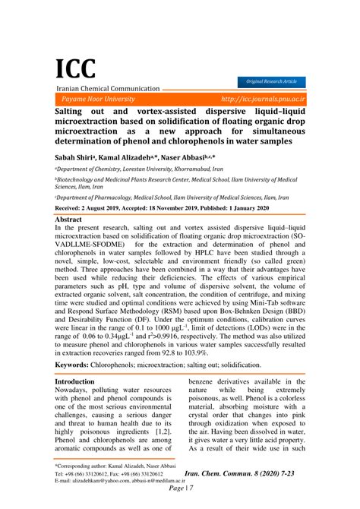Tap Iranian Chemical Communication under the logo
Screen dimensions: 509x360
coord(107,89)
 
